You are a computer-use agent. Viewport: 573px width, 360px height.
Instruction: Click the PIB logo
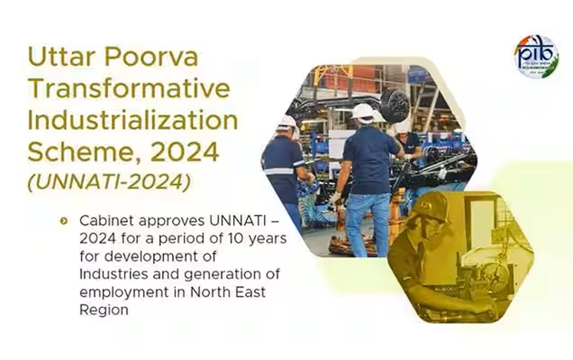coord(536,57)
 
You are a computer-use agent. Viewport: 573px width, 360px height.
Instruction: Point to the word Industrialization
coord(133,120)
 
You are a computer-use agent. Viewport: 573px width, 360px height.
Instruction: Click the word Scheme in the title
coord(81,152)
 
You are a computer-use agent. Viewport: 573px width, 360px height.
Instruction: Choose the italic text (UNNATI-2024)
coord(109,182)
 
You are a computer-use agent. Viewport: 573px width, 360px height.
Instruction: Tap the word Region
coord(103,309)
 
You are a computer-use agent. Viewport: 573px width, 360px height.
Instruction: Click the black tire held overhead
coord(394,106)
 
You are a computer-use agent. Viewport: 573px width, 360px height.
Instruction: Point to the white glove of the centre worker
coord(335,198)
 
